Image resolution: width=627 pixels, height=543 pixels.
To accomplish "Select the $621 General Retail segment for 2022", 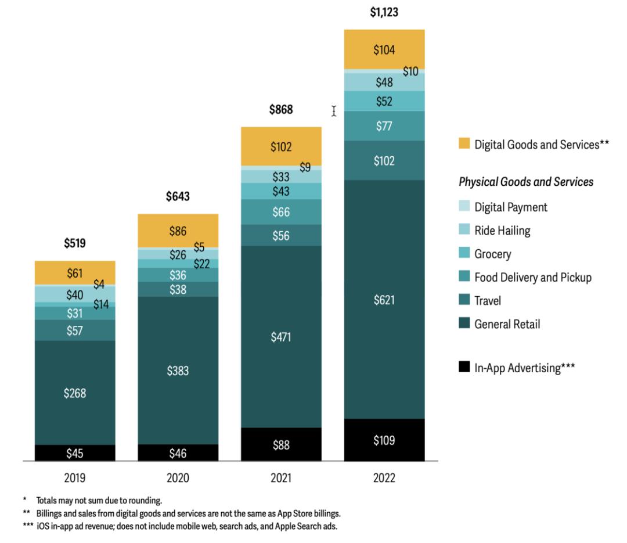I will coord(384,300).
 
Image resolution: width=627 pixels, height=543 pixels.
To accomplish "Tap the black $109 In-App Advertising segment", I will coord(384,440).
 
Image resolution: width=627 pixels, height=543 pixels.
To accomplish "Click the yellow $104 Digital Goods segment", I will coord(384,50).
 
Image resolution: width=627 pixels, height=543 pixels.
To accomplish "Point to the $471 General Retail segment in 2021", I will coord(281,337).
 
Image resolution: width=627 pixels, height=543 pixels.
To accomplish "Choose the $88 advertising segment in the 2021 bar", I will coord(281,445).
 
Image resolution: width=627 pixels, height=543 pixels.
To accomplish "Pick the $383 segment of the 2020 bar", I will coord(178,371).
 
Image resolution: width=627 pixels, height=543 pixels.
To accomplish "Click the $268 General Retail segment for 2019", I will coord(75,393).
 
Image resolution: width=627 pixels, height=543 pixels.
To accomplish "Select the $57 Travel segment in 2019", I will coord(75,330).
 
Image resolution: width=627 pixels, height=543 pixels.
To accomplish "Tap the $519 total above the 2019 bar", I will coord(75,244).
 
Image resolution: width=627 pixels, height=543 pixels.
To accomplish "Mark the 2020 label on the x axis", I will coord(178,479).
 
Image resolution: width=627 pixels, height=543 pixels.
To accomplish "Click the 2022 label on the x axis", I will coord(384,479).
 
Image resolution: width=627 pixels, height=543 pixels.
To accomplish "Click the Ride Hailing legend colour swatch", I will coord(464,231).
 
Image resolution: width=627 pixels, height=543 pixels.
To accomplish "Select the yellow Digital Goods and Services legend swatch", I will coord(464,143).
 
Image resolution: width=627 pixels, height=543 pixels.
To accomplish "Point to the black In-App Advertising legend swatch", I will coord(464,366).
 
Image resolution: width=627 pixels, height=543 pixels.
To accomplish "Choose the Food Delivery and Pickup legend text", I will coord(533,278).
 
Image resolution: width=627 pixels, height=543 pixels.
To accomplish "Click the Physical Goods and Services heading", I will coord(526,182).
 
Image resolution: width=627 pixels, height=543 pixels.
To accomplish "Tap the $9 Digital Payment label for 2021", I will coord(305,168).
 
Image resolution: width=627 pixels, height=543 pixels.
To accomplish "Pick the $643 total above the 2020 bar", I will coord(178,197).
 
